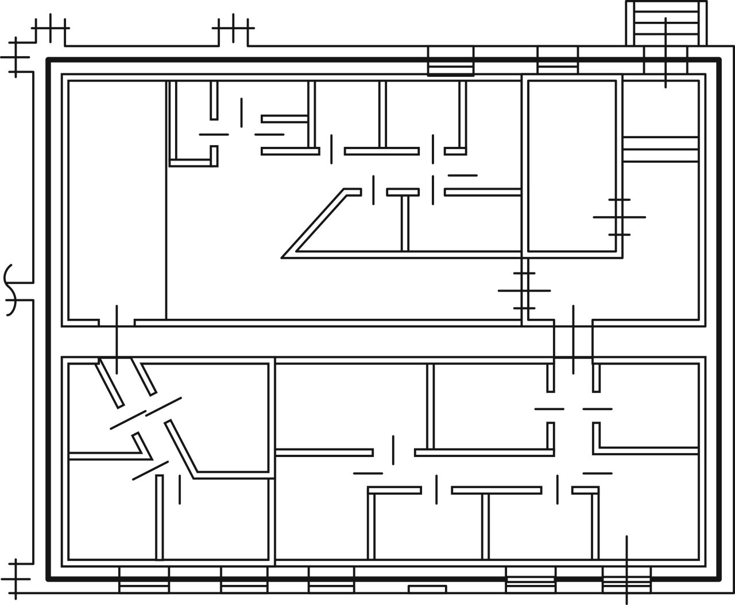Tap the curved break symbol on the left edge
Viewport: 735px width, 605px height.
point(13,290)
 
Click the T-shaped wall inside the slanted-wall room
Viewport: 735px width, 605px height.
point(404,218)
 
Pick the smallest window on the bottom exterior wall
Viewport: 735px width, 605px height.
point(427,589)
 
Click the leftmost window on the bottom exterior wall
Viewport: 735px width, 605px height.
point(144,580)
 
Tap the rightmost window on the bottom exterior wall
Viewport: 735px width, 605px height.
point(626,580)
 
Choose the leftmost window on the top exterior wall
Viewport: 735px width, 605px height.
point(451,61)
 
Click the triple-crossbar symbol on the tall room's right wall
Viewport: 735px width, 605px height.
point(619,217)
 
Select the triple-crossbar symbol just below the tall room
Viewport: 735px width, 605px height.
point(524,291)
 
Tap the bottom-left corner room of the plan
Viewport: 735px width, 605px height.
point(112,510)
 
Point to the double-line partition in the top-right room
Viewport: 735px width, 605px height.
point(660,149)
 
